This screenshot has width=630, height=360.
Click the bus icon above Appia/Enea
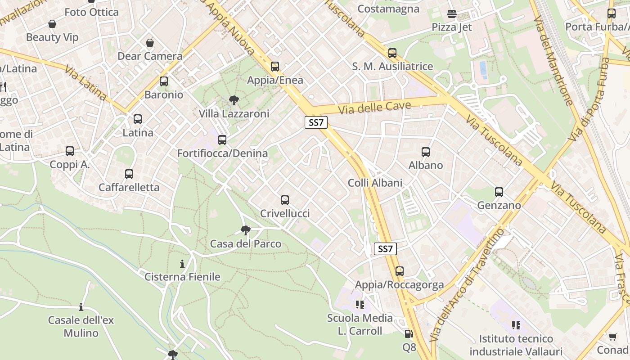click(x=275, y=67)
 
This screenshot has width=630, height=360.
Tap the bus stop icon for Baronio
click(x=164, y=81)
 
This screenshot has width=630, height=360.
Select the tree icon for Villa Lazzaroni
click(x=234, y=100)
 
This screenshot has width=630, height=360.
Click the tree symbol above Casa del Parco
click(x=245, y=230)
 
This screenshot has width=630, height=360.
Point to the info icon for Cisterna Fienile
click(x=182, y=264)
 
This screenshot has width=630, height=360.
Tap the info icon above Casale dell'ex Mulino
click(x=81, y=307)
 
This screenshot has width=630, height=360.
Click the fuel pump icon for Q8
click(x=409, y=334)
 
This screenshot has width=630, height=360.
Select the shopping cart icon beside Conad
click(x=612, y=337)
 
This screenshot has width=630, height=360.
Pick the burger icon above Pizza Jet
click(x=452, y=14)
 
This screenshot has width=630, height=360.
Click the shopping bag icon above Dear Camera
click(x=150, y=43)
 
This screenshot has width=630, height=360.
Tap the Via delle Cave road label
click(x=375, y=108)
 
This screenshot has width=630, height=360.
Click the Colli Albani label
click(x=375, y=183)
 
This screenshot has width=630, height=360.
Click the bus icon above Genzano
click(x=499, y=192)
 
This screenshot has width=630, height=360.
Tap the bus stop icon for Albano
click(x=426, y=152)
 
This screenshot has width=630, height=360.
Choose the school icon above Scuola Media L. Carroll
click(x=360, y=305)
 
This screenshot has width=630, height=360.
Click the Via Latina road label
click(x=85, y=83)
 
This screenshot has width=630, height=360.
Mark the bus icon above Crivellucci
click(x=285, y=200)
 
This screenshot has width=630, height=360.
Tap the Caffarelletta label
click(x=129, y=187)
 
